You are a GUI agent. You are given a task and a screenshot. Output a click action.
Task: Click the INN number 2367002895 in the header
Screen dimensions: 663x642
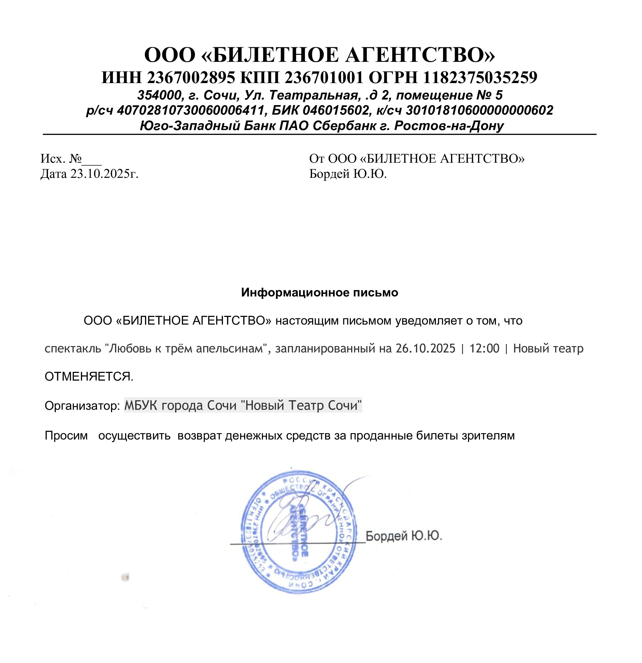tap(191, 78)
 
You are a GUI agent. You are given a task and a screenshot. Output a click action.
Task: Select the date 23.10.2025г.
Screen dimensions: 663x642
tap(104, 174)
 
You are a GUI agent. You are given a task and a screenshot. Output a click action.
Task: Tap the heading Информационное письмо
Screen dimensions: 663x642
tap(319, 292)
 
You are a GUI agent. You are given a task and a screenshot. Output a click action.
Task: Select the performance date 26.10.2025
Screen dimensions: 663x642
tap(426, 348)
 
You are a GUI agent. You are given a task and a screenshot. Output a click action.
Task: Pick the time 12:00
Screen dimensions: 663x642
tap(484, 348)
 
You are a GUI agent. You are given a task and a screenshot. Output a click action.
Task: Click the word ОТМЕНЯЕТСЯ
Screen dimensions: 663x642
tap(89, 377)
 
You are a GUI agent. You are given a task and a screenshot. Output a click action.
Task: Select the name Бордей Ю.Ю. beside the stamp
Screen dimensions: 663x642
tap(404, 536)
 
